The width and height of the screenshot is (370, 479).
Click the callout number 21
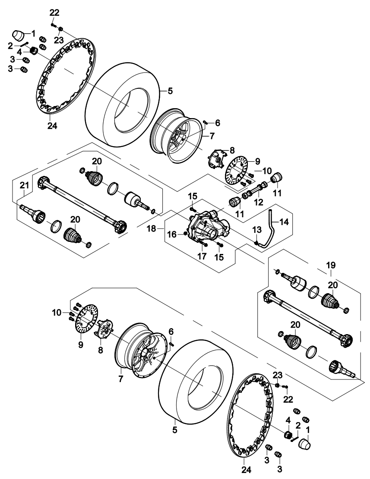(x=24, y=185)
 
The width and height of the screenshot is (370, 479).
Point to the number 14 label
(x=284, y=222)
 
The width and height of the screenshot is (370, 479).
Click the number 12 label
(x=258, y=202)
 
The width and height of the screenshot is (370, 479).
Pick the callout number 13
(x=257, y=229)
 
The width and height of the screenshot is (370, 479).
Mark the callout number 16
(x=172, y=234)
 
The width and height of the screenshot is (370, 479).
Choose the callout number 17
(x=202, y=256)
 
